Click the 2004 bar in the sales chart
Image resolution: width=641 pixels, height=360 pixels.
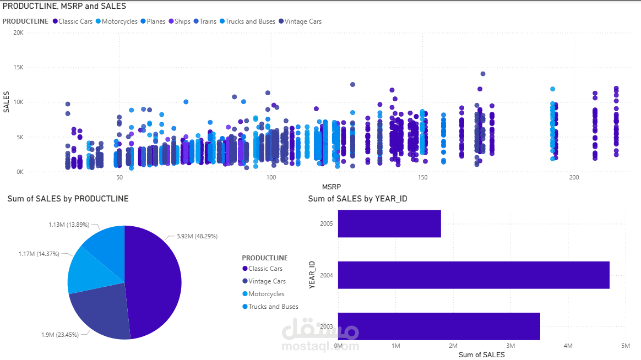[x=474, y=275]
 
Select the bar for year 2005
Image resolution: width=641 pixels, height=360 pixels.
[x=389, y=223]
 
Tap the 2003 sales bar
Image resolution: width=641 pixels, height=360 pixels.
[x=439, y=326]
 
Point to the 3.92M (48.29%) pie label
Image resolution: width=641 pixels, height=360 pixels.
[x=197, y=236]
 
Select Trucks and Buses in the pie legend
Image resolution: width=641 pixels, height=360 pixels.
[x=273, y=307]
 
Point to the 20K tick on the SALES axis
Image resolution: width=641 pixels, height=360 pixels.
[x=18, y=32]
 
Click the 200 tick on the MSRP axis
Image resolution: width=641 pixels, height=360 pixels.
[x=574, y=178]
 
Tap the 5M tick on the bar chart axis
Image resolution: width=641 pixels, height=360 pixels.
[x=626, y=346]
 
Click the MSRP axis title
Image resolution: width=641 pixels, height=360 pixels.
[x=332, y=187]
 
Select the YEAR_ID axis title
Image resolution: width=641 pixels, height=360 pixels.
[x=312, y=275]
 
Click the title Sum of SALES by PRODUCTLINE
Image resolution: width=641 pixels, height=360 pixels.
[x=68, y=199]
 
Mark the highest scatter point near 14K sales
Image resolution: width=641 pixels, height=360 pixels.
[x=483, y=74]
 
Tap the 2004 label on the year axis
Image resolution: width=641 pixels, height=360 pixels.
[x=326, y=275]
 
